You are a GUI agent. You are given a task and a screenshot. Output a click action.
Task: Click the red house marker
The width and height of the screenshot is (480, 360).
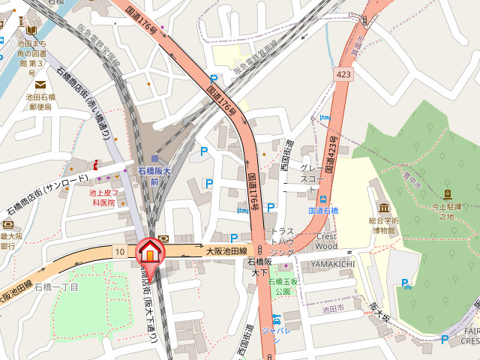pyautogui.click(x=149, y=252)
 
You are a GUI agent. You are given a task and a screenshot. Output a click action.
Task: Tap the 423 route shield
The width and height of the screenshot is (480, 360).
pyautogui.click(x=343, y=74)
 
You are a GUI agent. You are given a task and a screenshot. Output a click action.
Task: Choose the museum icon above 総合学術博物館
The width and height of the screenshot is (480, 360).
pyautogui.click(x=384, y=207)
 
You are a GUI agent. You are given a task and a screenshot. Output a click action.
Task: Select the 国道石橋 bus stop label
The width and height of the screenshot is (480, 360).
pyautogui.click(x=324, y=211)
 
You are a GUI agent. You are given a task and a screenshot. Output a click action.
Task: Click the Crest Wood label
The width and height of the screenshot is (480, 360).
pyautogui.click(x=326, y=241)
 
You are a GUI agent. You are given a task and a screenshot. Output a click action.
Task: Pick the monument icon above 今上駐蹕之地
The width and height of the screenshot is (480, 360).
pyautogui.click(x=448, y=194)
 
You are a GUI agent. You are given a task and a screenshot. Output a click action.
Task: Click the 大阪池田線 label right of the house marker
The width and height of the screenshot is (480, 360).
pyautogui.click(x=226, y=250)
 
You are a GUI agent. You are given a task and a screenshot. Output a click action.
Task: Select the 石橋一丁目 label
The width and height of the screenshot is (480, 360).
pyautogui.click(x=56, y=286)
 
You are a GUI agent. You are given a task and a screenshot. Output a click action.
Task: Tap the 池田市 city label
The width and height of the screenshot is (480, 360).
pyautogui.click(x=331, y=308)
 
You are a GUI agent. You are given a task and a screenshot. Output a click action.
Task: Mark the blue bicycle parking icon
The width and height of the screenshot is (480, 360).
pyautogui.click(x=407, y=283)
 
